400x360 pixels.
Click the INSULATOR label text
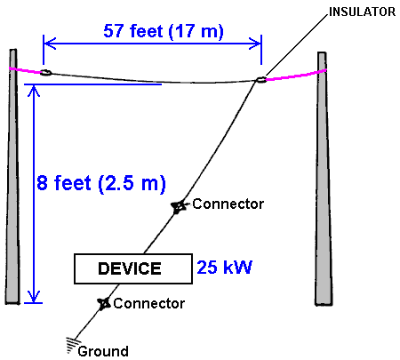coord(362,12)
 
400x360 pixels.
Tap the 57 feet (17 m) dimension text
coord(164,31)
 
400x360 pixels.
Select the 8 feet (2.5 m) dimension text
coord(101,183)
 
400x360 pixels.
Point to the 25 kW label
coord(224,268)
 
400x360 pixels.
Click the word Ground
coord(103,351)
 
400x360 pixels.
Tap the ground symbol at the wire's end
coord(72,344)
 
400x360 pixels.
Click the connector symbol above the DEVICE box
coord(179,206)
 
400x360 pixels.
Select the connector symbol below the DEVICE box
coord(104,303)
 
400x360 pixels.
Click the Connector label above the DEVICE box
coord(228,204)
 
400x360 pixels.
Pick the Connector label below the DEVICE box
coord(148,303)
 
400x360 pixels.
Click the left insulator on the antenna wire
coord(45,72)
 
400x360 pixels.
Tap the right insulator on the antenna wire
coord(260,79)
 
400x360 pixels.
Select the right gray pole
coord(323,180)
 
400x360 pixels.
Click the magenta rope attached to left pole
coord(25,70)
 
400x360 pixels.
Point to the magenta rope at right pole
coord(296,76)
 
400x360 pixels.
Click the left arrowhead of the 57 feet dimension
coord(50,44)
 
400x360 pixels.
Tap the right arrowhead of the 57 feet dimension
coord(255,44)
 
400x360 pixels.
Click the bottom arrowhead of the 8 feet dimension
coord(34,297)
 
